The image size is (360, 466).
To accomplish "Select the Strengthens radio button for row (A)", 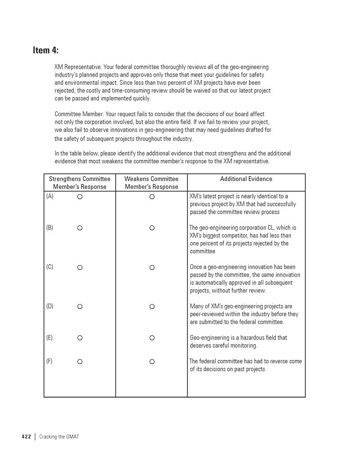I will pyautogui.click(x=80, y=197).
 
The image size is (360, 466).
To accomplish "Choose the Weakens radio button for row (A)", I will pyautogui.click(x=152, y=197).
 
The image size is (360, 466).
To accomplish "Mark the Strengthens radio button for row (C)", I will pyautogui.click(x=80, y=268).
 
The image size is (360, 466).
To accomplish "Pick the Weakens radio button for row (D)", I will pyautogui.click(x=152, y=307).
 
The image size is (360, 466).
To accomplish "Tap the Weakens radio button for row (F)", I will pyautogui.click(x=152, y=361).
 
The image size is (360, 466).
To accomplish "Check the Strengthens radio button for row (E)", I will pyautogui.click(x=80, y=338).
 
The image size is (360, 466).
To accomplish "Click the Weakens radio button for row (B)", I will pyautogui.click(x=152, y=228).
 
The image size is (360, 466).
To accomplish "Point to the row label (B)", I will pyautogui.click(x=49, y=228).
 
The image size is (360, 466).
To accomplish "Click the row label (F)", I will pyautogui.click(x=49, y=361).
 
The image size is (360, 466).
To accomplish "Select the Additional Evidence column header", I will pyautogui.click(x=246, y=179).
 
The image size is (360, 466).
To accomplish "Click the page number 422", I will pyautogui.click(x=26, y=437).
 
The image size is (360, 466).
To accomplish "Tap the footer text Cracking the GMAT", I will pyautogui.click(x=59, y=437).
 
